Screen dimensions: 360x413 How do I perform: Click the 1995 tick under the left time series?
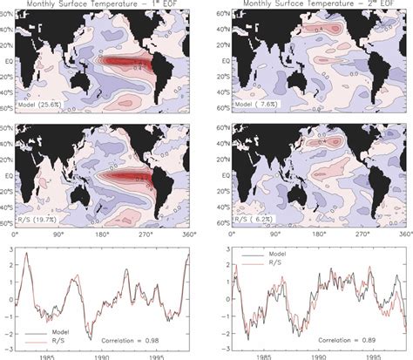(158, 355)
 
